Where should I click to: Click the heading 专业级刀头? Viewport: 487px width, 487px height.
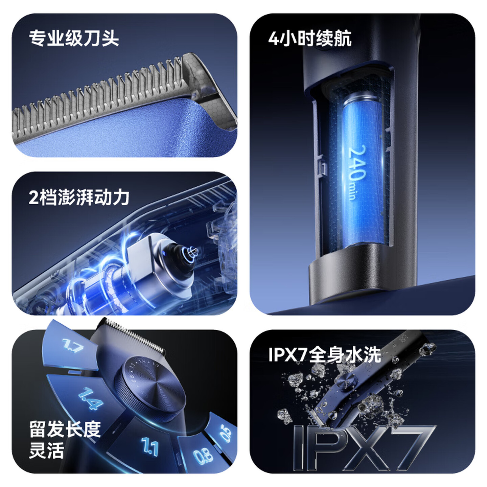tap(74, 38)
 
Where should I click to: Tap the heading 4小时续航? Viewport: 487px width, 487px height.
tap(310, 38)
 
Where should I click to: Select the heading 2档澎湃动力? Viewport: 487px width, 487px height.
tap(79, 197)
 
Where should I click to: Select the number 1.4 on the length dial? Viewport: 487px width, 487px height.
tap(91, 398)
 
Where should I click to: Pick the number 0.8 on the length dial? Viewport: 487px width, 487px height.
tap(203, 456)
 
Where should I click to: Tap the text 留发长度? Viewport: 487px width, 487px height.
tap(65, 429)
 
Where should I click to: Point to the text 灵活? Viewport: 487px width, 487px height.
tap(46, 450)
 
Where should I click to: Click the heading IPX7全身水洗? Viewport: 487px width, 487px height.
tap(325, 354)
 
